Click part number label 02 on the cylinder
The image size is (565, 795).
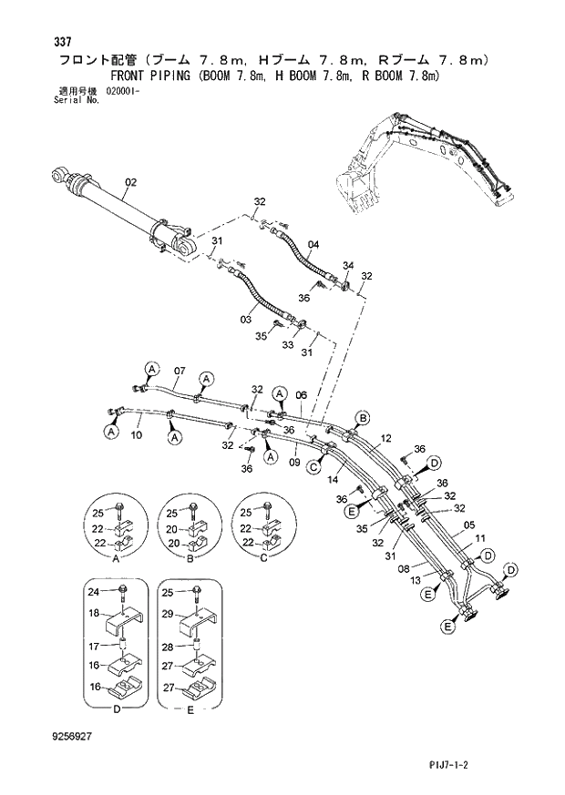[129, 182]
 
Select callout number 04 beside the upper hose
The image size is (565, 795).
[313, 244]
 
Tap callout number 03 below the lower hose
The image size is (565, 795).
[245, 319]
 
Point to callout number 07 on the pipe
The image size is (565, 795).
[180, 371]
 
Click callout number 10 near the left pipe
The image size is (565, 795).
[137, 436]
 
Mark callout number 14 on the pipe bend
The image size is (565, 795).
[333, 479]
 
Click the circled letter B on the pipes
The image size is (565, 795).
[362, 418]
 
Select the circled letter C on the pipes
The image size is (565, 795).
[312, 467]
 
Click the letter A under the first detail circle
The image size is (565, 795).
[117, 562]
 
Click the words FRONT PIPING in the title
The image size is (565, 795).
[155, 76]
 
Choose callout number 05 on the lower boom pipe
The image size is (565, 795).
[469, 525]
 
